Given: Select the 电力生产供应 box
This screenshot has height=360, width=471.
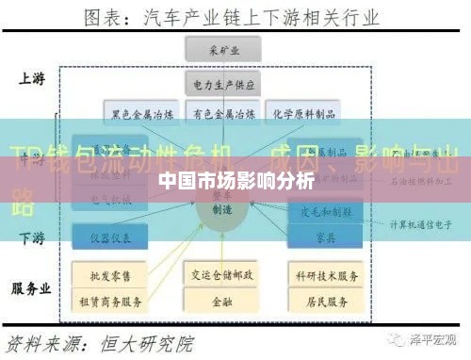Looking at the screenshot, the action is (x=224, y=84).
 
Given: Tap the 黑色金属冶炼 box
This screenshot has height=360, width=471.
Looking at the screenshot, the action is (x=143, y=115).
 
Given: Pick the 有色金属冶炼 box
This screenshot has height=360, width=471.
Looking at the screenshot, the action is (x=223, y=115).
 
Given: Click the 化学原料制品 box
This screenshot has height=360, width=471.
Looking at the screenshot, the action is (x=301, y=115).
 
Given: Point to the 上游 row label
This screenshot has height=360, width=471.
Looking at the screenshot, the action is (x=30, y=79).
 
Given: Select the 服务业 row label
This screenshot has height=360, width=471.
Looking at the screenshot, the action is (x=30, y=288).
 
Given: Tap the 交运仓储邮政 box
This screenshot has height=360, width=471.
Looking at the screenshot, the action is (x=223, y=275).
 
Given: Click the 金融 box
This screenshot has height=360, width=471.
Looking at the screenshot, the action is (x=223, y=302).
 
